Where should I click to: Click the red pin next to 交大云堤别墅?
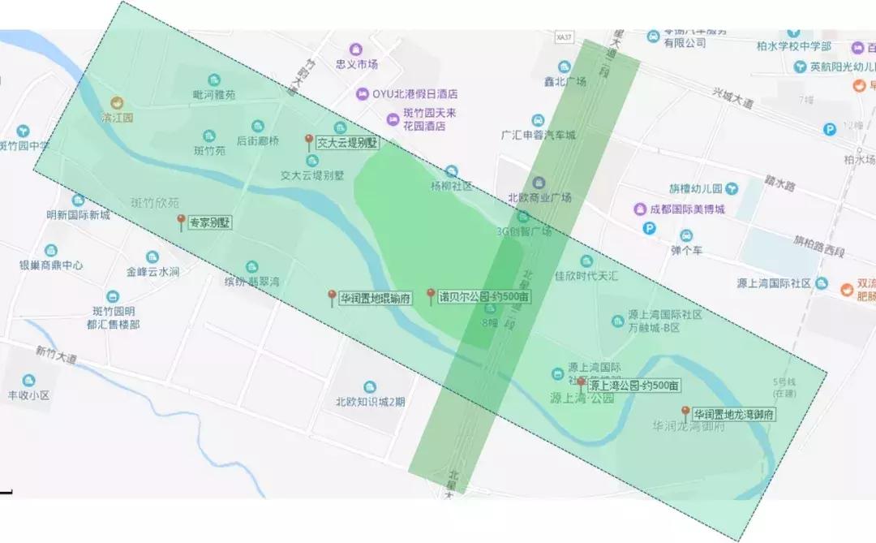click(308, 142)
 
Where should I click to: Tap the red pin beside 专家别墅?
click(181, 222)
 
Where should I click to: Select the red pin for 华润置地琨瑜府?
click(332, 297)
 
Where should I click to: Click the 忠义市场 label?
click(357, 64)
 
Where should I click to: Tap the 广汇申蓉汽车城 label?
click(539, 135)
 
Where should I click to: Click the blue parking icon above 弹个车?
click(649, 230)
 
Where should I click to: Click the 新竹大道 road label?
click(55, 354)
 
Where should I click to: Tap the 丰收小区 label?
click(29, 395)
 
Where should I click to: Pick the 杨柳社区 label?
click(451, 185)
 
